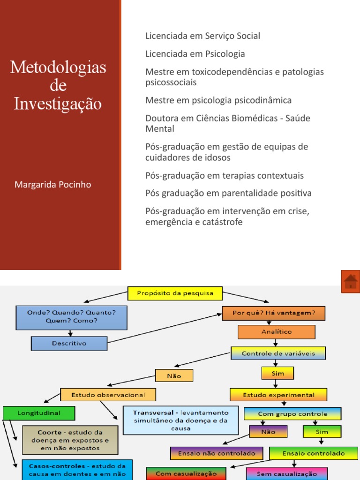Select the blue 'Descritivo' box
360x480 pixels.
tap(69, 344)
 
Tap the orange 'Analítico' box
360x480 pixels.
tap(277, 332)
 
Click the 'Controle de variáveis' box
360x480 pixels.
tap(278, 353)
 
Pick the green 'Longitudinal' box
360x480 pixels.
tap(39, 413)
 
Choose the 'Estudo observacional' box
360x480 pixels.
tap(108, 395)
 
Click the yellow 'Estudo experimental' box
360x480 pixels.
tap(278, 395)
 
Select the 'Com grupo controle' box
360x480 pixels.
tap(292, 414)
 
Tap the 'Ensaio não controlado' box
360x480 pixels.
tap(216, 453)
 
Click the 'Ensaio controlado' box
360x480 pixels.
tap(314, 453)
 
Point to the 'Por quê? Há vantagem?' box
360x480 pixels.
tap(274, 313)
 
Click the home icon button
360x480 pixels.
tap(351, 281)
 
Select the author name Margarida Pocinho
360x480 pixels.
tap(53, 185)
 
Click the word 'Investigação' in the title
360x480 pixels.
tap(58, 104)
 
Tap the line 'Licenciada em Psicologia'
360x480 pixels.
tap(195, 54)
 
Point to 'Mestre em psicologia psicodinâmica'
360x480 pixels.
tap(218, 100)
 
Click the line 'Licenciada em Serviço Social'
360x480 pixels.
tap(202, 36)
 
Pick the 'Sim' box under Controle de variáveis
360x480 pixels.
tap(278, 373)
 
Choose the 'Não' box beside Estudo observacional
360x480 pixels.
tap(174, 375)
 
